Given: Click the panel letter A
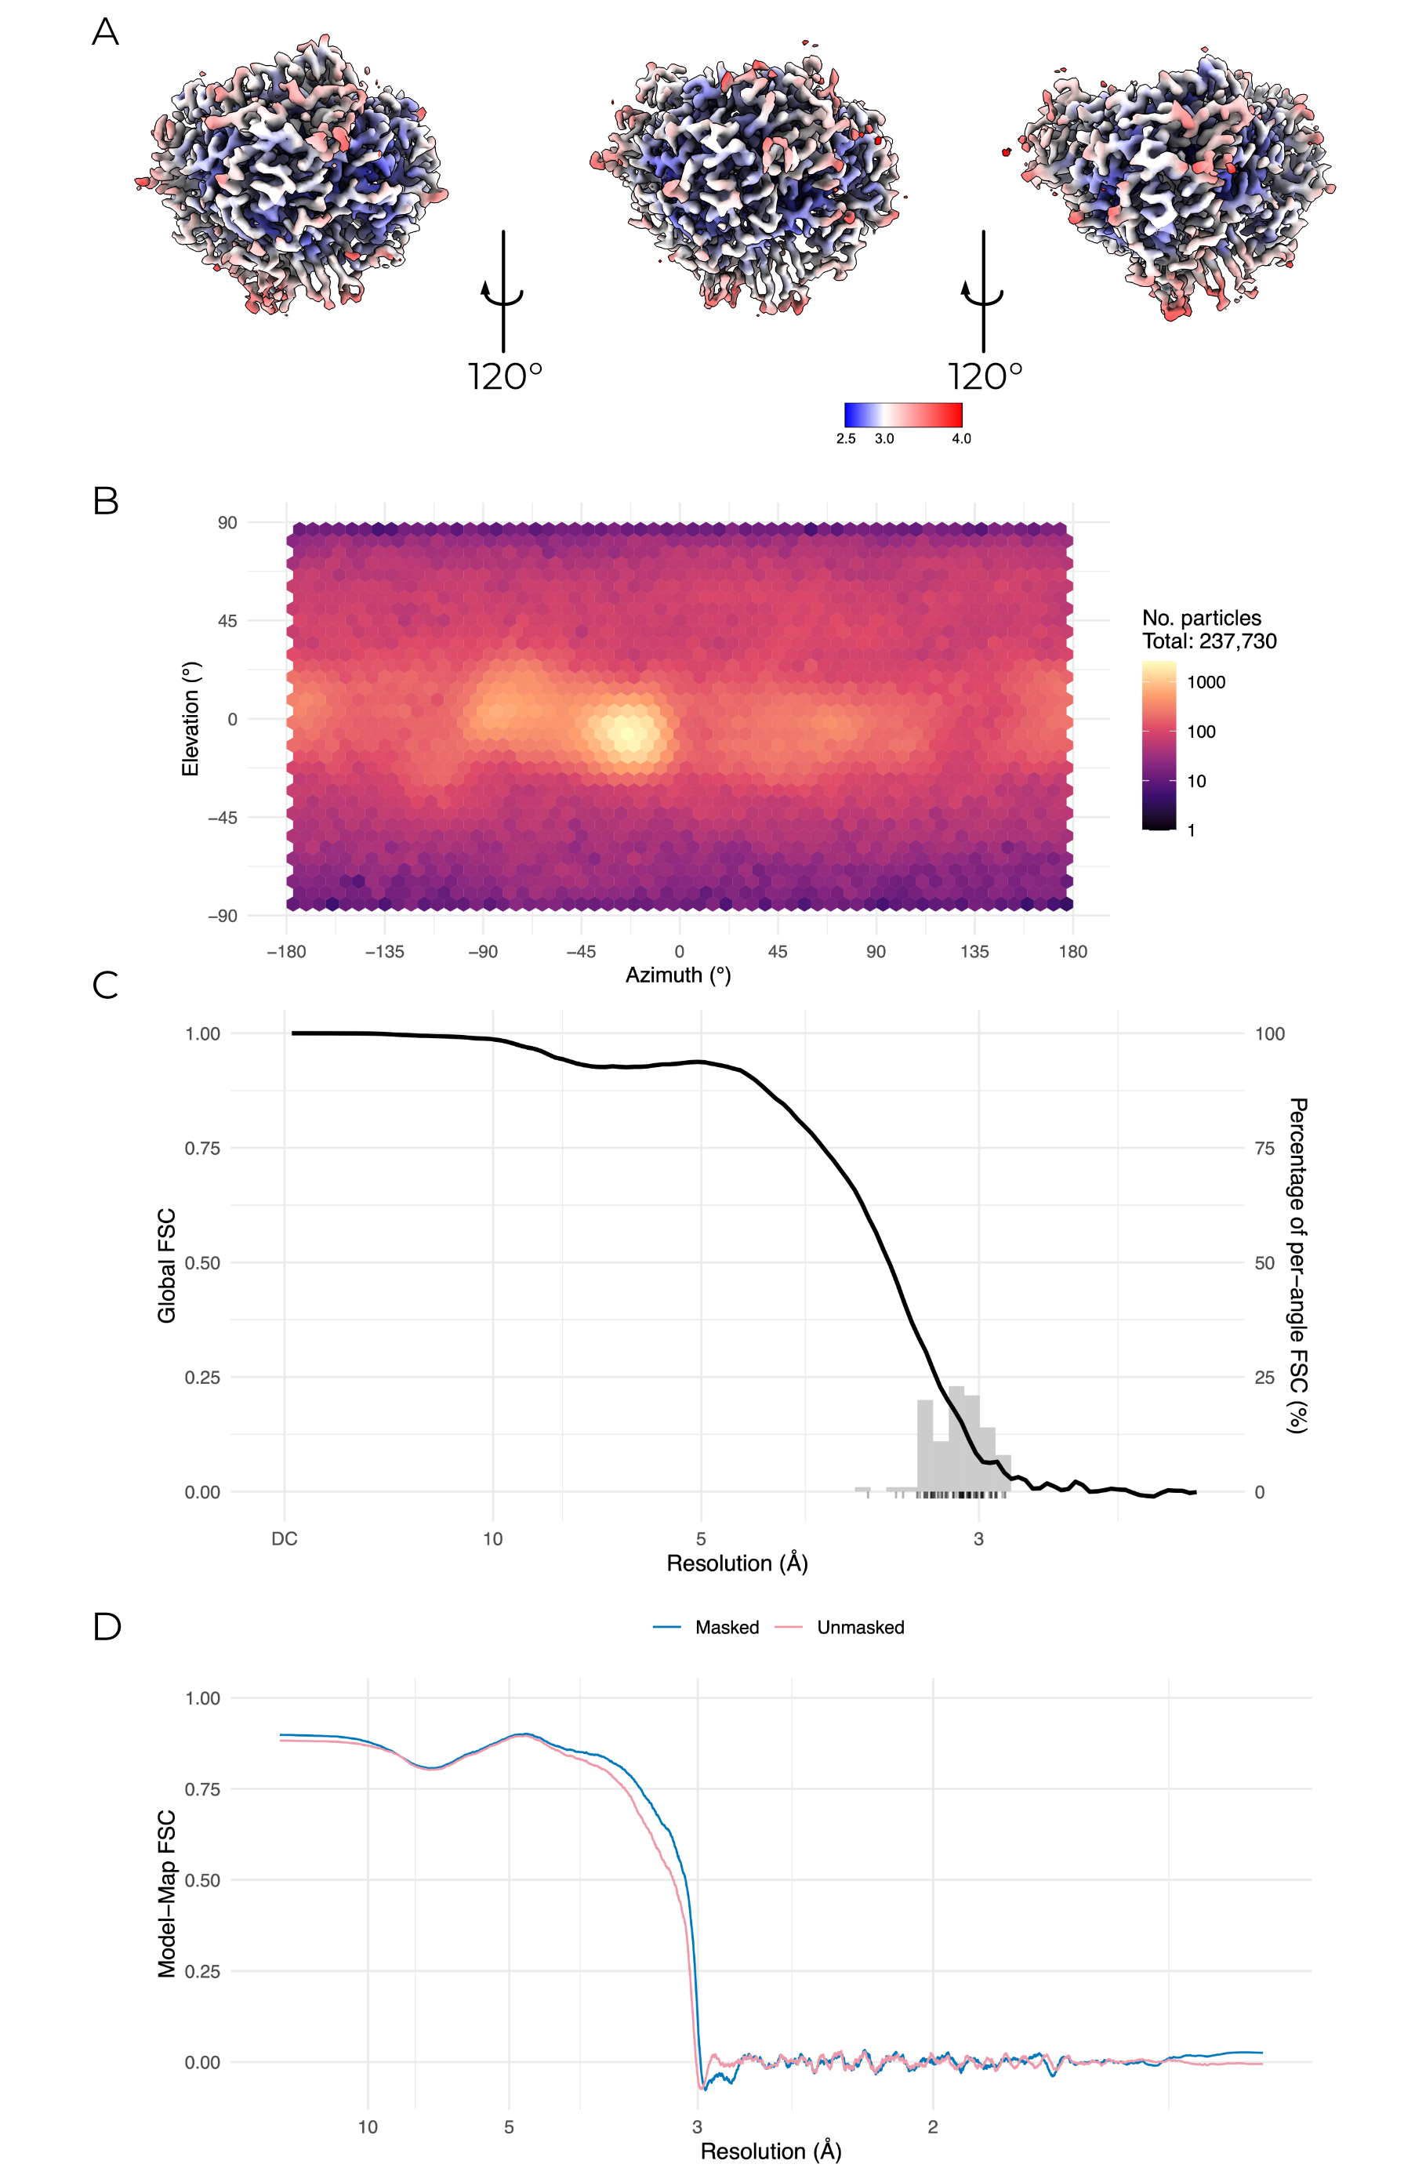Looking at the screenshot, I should pos(105,32).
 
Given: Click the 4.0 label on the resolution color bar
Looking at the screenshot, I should pos(961,438).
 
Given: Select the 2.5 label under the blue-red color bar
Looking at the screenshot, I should pos(846,438).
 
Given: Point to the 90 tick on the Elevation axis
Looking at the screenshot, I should pos(227,523).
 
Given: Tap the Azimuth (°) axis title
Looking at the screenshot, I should pos(678,975).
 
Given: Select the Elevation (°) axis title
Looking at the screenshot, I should pos(190,719).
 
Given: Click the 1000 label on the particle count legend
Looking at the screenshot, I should pos(1206,681).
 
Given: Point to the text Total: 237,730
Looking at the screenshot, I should pos(1209,641).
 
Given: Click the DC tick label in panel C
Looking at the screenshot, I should pos(284,1539).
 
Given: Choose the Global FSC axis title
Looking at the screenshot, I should pos(166,1265).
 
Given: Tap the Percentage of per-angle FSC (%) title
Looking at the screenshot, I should pos(1297,1265).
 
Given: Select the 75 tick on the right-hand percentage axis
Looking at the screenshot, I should pos(1264,1149).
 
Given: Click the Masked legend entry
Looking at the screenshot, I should pos(726,1628).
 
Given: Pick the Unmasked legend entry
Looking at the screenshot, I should pos(860,1628).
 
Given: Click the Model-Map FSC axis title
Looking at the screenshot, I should pos(166,1894).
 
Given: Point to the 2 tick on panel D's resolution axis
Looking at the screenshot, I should pos(933,2126).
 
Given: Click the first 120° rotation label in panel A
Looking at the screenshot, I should pos(505,376).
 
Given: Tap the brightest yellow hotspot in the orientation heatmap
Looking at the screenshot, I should pos(626,731).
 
